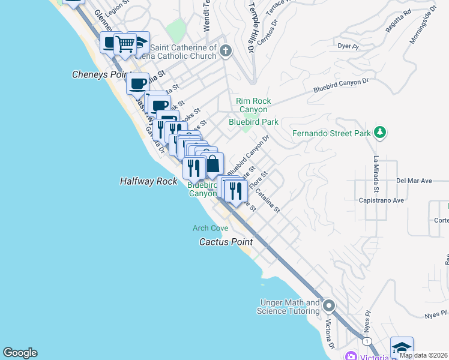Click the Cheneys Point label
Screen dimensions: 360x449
101,74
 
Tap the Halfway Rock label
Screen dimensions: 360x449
148,181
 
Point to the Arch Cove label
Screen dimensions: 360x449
210,228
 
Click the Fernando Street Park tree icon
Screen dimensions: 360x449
379,133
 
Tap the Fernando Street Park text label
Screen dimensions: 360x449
331,133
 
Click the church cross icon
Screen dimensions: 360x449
225,50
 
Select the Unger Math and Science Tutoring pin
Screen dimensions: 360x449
328,306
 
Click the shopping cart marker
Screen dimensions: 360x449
125,43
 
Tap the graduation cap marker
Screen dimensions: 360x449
401,347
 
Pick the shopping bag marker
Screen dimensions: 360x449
212,163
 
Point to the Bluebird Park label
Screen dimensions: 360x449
253,122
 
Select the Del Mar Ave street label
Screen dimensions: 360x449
414,180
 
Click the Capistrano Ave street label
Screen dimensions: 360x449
381,200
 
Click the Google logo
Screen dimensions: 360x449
20,353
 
